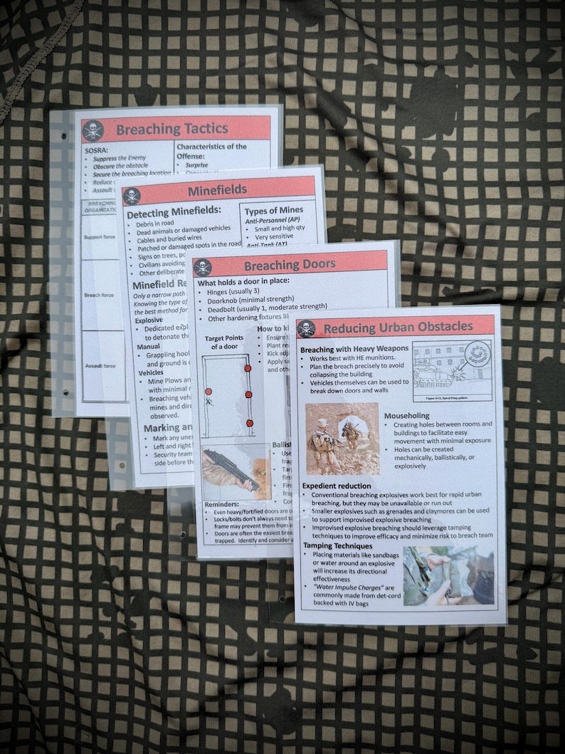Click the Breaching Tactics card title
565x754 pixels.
[x=171, y=130]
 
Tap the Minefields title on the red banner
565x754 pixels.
[x=217, y=190]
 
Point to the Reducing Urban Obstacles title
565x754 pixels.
[x=396, y=327]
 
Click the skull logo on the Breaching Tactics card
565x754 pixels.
[x=93, y=131]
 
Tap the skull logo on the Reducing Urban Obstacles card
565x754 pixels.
[x=306, y=328]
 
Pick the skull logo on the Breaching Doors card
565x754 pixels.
[x=202, y=267]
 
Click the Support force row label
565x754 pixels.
[x=99, y=237]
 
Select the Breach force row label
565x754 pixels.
[x=99, y=295]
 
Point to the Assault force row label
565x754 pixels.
[x=100, y=366]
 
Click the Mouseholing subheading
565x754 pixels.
[x=406, y=415]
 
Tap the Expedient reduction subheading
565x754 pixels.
[x=337, y=486]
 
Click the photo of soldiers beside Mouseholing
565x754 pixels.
[x=342, y=439]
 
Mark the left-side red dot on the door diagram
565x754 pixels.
[x=208, y=392]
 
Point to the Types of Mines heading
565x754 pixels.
[x=274, y=210]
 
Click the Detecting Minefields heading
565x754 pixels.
[x=174, y=210]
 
